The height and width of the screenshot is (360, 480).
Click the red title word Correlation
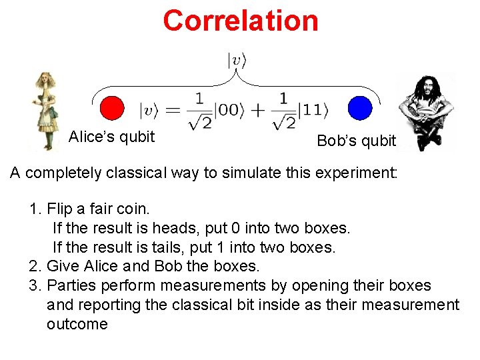[x=241, y=20]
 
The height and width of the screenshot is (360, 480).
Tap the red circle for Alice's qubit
[x=111, y=108]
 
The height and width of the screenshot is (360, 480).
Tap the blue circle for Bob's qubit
[x=359, y=108]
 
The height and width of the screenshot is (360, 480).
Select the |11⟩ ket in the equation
[x=313, y=109]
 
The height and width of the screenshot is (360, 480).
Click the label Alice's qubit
[x=111, y=137]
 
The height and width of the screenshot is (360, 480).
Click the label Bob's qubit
[x=356, y=141]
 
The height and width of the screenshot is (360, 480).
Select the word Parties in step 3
[x=70, y=285]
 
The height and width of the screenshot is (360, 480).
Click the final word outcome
[x=77, y=325]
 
